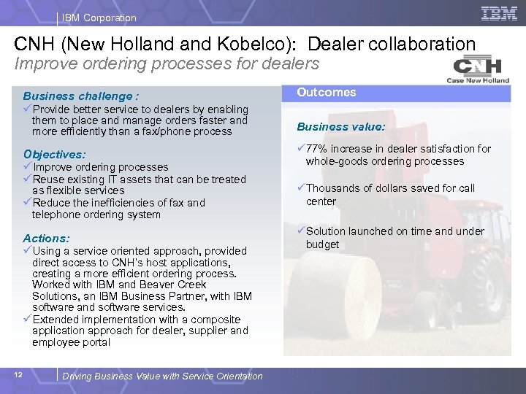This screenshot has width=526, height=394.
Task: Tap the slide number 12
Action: pyautogui.click(x=19, y=375)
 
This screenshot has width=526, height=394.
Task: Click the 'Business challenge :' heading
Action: pyautogui.click(x=81, y=96)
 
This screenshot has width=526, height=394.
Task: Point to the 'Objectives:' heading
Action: pyautogui.click(x=55, y=155)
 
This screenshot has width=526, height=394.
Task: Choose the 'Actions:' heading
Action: pyautogui.click(x=47, y=239)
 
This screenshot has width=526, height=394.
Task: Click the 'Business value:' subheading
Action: pyautogui.click(x=340, y=127)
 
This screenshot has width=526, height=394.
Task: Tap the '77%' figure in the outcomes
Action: pyautogui.click(x=319, y=149)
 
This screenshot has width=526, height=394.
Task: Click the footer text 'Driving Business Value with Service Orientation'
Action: pyautogui.click(x=163, y=376)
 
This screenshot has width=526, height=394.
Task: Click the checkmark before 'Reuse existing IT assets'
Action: pyautogui.click(x=28, y=179)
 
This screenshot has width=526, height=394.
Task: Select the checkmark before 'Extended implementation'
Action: pyautogui.click(x=28, y=320)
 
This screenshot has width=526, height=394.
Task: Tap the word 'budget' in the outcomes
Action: pyautogui.click(x=322, y=244)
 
